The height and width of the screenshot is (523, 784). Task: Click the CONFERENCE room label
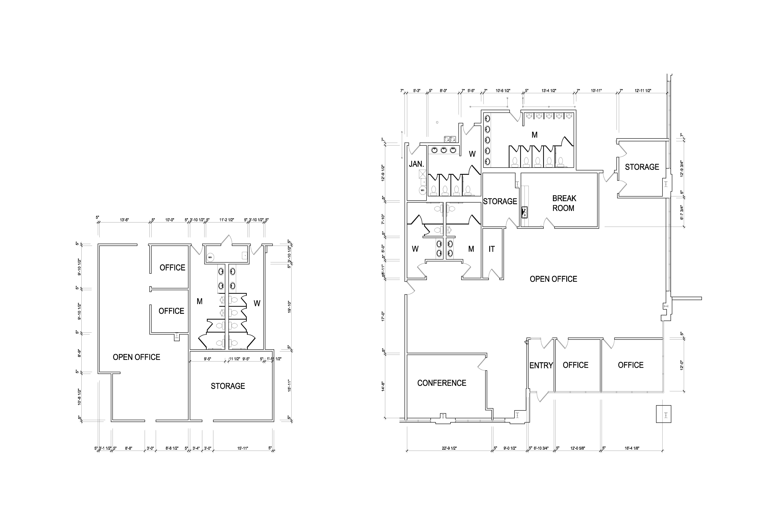pos(442,383)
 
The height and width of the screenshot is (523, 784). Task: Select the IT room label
pos(492,249)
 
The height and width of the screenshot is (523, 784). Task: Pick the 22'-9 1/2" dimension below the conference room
pos(449,448)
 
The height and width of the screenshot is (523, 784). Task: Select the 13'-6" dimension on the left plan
pos(124,220)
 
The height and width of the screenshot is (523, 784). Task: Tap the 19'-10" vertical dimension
pos(289,307)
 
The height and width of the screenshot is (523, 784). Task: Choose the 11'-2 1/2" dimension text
pos(227,220)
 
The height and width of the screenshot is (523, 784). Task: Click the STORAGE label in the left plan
pos(228,386)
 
